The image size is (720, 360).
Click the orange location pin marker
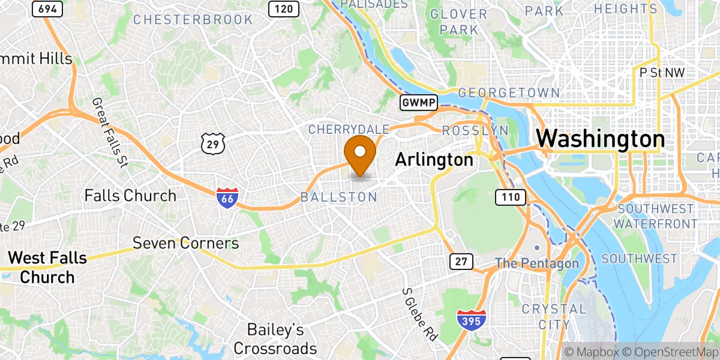pos(361,153)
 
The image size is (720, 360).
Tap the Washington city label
pos(600,139)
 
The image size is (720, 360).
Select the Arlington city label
pos(434,160)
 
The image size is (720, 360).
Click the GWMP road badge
pos(418,103)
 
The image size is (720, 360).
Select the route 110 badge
pos(510,196)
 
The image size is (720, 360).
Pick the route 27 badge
pos(461,261)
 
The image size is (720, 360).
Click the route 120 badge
pos(284,8)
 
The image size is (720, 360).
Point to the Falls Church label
pos(130,196)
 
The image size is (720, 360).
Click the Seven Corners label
pos(185,243)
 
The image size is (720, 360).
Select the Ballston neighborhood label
pos(338,197)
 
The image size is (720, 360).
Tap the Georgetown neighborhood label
pos(508,93)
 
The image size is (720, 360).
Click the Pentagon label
pos(536,263)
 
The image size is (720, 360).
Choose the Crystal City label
pos(545,316)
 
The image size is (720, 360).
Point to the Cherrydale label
pos(349,129)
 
